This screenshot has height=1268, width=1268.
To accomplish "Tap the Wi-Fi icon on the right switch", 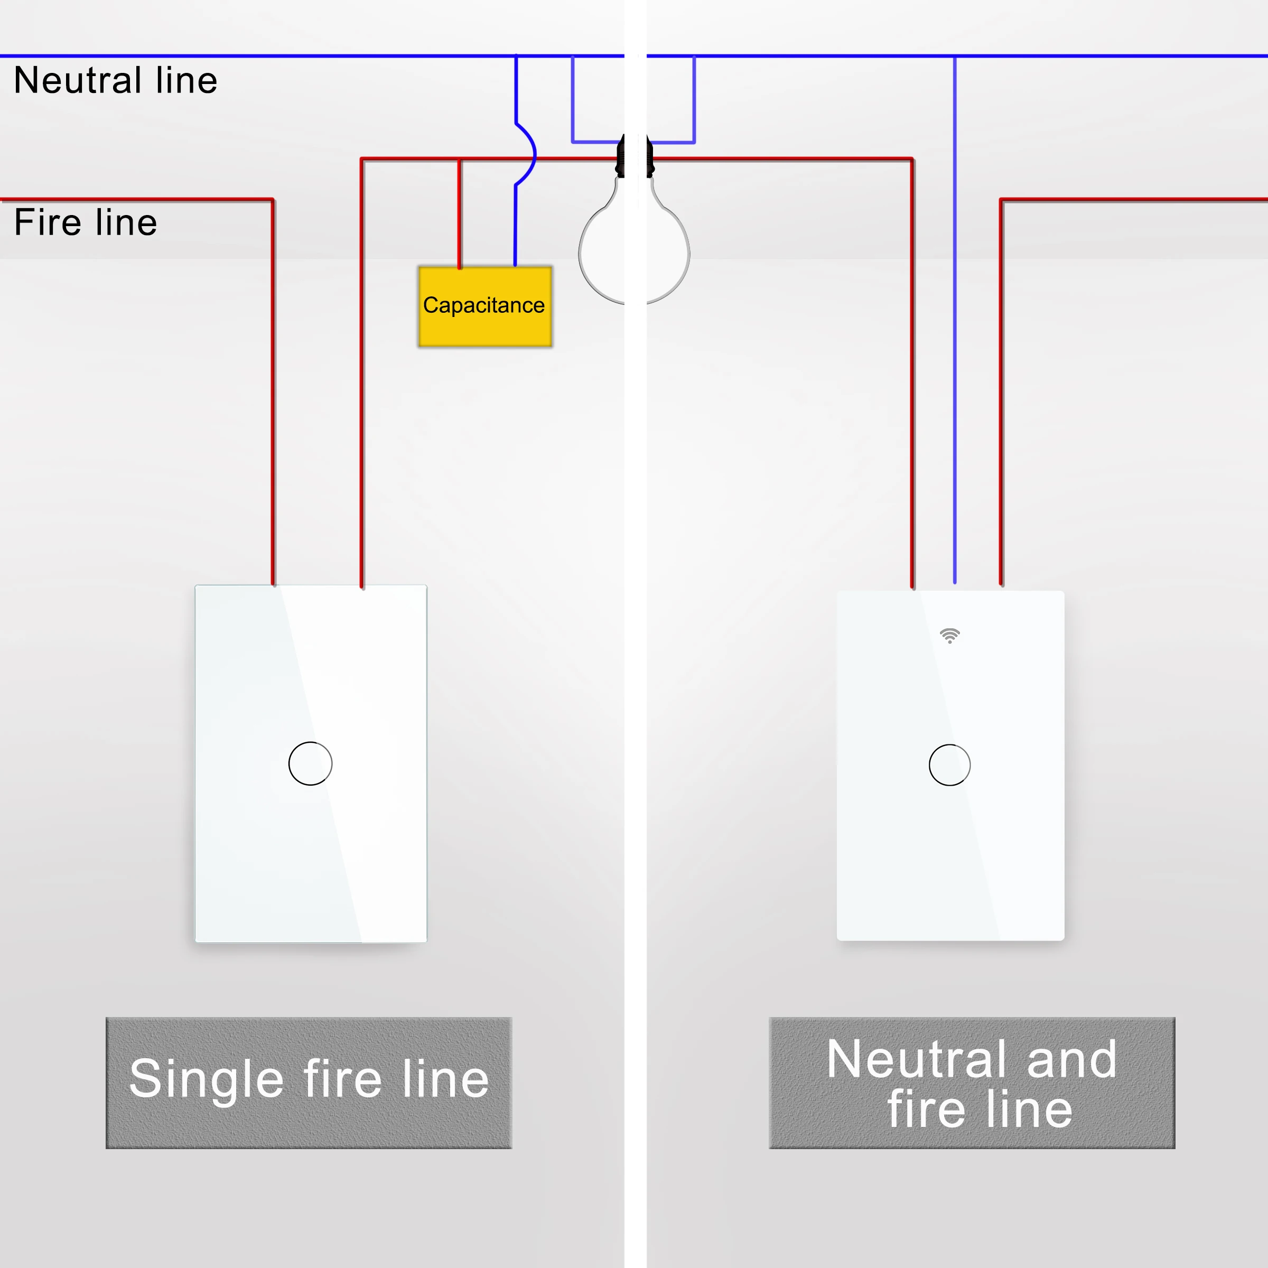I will [950, 635].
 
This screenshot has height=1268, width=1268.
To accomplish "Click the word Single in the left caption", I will [206, 1079].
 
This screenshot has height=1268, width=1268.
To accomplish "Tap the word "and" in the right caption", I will [1071, 1059].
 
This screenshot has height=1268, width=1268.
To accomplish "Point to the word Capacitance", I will [484, 305].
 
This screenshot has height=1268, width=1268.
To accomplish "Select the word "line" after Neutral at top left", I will [187, 81].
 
